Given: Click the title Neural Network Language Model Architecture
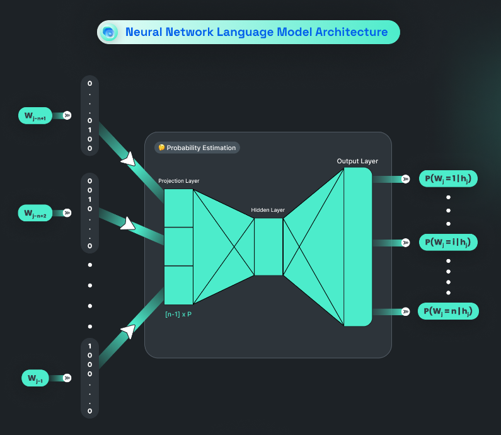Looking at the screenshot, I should pos(256,32).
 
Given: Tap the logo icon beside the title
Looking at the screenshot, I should pos(109,32).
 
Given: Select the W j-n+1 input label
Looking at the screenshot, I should pos(35,115).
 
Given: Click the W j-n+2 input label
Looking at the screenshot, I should pos(35,213).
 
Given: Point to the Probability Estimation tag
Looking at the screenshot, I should pos(197,148).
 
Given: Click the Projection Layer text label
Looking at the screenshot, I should pos(178,181).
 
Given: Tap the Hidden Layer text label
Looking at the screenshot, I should pos(268,210).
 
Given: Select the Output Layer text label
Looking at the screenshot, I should pos(357,161).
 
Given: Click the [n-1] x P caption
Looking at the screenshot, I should pos(178,314).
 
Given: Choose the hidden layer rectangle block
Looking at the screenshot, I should pos(268,246).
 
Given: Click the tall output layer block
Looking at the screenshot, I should pos(358,246).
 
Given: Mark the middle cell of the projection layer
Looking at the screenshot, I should pos(178,246).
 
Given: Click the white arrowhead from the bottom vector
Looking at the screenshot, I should pos(129,331).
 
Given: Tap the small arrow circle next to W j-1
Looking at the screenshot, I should pos(67,378).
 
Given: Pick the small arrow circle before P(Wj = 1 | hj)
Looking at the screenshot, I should pos(406,179).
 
